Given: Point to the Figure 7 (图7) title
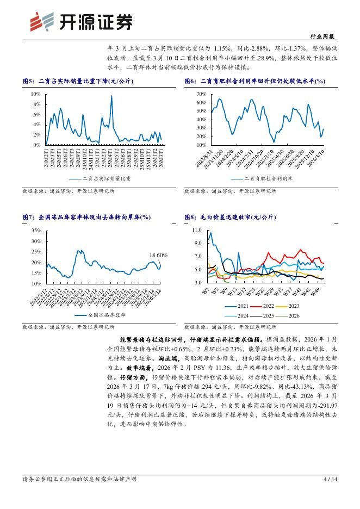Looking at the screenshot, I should pos(86,217).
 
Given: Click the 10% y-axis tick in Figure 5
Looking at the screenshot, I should pos(35,94).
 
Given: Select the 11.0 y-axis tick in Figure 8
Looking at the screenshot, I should pos(197,231).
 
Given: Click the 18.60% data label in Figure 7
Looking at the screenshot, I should pos(158,254).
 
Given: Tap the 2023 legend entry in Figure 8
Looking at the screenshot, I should pos(294,307).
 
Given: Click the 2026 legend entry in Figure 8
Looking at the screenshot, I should pos(294,315).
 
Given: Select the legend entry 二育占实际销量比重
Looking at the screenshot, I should pos(106,178).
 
